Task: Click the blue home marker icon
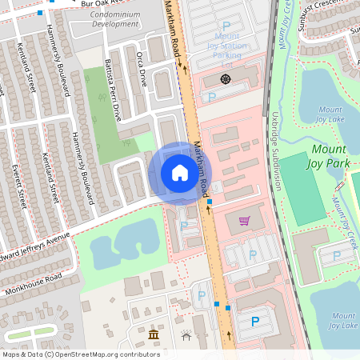pos(180,173)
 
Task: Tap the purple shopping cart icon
pos(244,221)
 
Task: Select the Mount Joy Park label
pos(330,156)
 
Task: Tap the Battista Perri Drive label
pos(113,93)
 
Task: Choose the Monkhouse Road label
pos(31,281)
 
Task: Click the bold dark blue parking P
pos(255,321)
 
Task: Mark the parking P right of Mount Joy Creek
pos(336,255)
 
